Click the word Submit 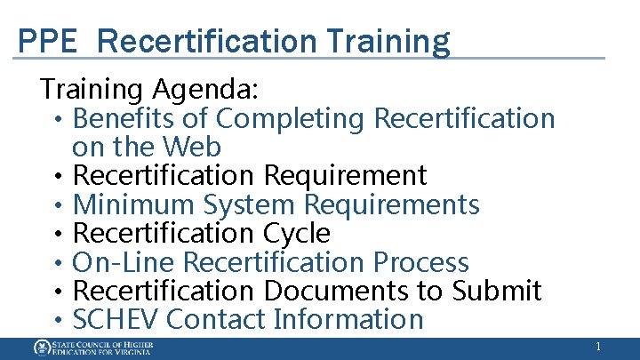coord(497,291)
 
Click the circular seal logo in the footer coord(42,348)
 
